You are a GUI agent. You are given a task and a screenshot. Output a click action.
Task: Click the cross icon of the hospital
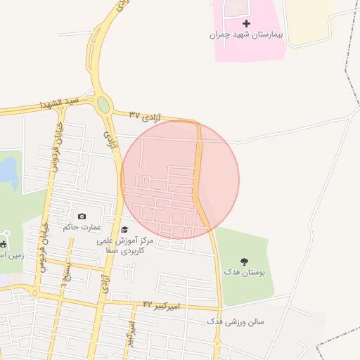[246, 24]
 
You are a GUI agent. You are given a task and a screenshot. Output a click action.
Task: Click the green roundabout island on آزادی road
[103, 105]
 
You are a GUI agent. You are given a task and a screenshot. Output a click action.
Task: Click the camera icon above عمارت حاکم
[82, 217]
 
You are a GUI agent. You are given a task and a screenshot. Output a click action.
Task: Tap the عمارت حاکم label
[82, 227]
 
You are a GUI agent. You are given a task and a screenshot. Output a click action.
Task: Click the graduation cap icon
[124, 230]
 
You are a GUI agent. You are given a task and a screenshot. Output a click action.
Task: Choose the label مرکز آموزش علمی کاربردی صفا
[121, 245]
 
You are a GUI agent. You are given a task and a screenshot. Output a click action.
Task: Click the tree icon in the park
[245, 262]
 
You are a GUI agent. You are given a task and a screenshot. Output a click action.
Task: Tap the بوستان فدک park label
[242, 271]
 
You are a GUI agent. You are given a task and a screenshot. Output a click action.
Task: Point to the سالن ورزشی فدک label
[236, 321]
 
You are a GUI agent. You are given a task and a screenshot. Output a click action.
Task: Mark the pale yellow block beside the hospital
[309, 21]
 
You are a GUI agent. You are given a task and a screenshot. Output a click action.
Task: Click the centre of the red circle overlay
[180, 180]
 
